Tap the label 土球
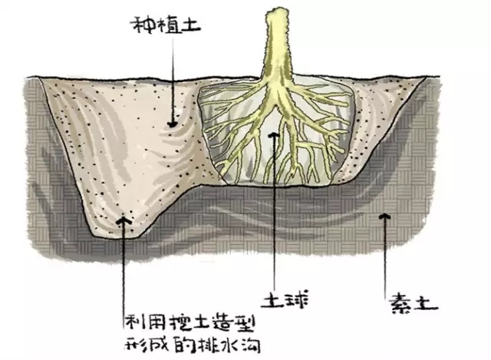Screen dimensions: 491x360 pyautogui.click(x=285, y=300)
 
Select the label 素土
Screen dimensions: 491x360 pyautogui.click(x=413, y=302)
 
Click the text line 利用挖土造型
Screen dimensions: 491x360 pyautogui.click(x=189, y=322)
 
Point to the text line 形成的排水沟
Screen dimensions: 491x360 pyautogui.click(x=193, y=345)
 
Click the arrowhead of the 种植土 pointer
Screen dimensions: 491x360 pyautogui.click(x=172, y=124)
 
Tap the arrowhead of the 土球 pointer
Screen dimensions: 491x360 pyautogui.click(x=274, y=135)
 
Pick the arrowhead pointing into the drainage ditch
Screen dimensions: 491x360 pyautogui.click(x=123, y=220)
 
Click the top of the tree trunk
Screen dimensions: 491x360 pyautogui.click(x=277, y=12)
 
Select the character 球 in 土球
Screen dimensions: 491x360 pyautogui.click(x=296, y=300)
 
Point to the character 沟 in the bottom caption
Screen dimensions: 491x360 pyautogui.click(x=250, y=345)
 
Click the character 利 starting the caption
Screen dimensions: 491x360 pyautogui.click(x=134, y=322)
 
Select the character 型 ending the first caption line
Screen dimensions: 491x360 pyautogui.click(x=245, y=322)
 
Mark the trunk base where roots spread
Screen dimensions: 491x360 pyautogui.click(x=277, y=82)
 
